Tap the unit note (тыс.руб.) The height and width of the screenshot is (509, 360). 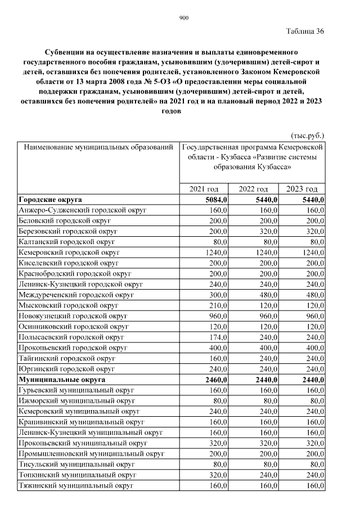click(x=307, y=136)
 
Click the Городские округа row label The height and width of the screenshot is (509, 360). click(x=51, y=200)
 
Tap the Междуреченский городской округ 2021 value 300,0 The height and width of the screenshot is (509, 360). click(x=217, y=295)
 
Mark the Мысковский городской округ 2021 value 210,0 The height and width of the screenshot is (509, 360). click(x=217, y=305)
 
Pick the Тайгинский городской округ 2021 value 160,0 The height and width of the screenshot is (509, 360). click(x=217, y=358)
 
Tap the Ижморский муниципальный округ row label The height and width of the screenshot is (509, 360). click(x=77, y=400)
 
